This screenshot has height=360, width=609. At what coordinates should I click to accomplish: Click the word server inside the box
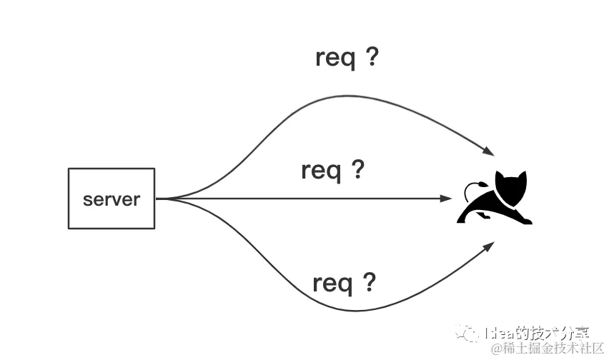[111, 199]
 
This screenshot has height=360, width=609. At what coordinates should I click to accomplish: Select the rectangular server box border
[69, 199]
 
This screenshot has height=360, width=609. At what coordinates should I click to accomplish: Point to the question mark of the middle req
[357, 169]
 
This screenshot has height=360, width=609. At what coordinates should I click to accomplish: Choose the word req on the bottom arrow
[332, 284]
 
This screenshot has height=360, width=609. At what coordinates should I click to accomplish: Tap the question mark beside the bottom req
[369, 282]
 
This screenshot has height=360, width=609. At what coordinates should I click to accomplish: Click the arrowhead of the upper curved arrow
[489, 151]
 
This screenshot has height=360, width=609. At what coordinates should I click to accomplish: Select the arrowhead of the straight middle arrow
[447, 199]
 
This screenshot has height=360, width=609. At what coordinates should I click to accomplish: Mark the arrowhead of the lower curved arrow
[490, 245]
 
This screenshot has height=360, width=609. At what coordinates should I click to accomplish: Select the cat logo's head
[511, 187]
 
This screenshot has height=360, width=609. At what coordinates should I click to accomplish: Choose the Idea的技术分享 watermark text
[536, 333]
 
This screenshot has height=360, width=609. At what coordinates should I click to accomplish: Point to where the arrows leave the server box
[157, 199]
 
